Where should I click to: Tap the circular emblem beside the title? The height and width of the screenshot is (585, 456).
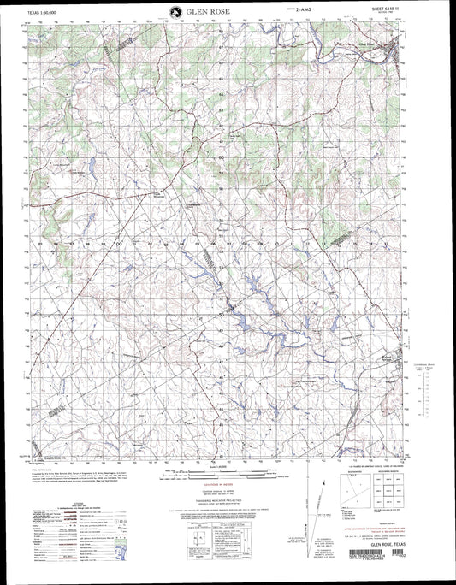(175, 12)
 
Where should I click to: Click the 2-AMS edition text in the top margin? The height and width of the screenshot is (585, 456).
(301, 12)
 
